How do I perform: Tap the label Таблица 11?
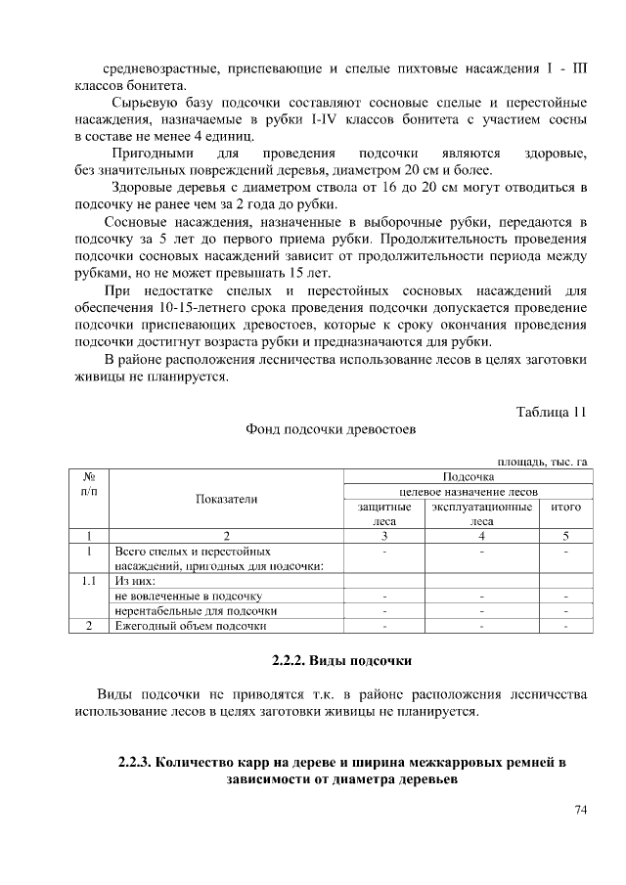coord(551,412)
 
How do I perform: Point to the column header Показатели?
coord(226,499)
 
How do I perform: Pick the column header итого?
coord(566,508)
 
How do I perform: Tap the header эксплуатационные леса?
coord(481,514)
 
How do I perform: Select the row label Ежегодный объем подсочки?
coord(191,626)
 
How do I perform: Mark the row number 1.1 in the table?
coord(88,580)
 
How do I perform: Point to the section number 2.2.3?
coord(133,761)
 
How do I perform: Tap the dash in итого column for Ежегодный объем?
coord(566,626)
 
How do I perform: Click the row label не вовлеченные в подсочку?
coord(188,596)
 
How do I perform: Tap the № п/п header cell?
coord(88,483)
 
